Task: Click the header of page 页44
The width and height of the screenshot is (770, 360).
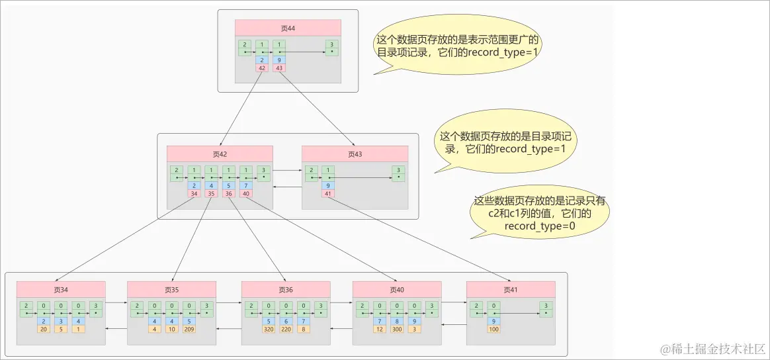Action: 288,27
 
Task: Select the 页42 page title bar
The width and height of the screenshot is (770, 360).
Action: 220,154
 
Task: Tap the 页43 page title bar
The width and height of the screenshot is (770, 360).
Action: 355,154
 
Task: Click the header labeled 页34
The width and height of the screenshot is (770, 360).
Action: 61,289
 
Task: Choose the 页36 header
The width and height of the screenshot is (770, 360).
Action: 286,289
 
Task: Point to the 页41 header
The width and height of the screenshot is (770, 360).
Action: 510,289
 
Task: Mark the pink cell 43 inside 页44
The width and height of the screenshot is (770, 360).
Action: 279,67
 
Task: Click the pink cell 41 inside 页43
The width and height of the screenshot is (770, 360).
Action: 327,194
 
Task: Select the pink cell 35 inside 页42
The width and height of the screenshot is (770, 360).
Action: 211,194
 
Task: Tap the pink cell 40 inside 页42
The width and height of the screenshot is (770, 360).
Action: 245,194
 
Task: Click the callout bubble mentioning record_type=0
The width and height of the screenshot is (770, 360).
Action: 540,212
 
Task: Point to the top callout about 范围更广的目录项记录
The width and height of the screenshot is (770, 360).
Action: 457,45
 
